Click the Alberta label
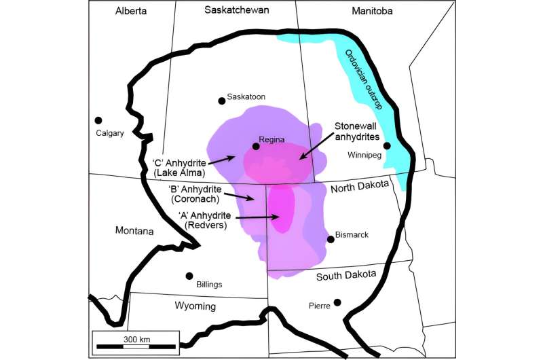point(131,11)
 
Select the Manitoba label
point(378,11)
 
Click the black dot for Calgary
point(98,120)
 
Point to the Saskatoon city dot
point(221,101)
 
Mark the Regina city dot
point(256,146)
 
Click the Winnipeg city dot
point(386,145)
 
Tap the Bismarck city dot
point(331,238)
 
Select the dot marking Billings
point(189,276)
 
